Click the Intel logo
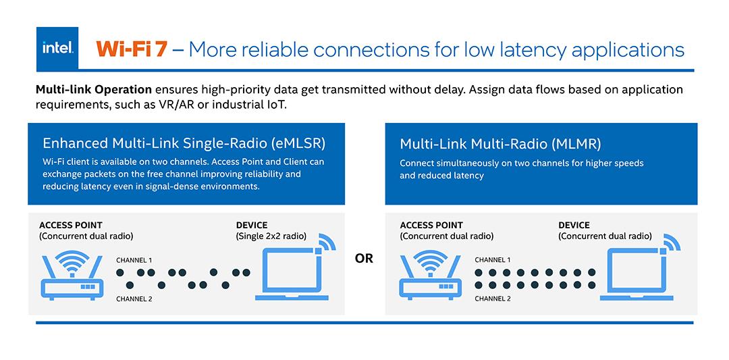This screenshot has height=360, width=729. coord(57,49)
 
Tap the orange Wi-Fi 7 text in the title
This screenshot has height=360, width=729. coord(131,49)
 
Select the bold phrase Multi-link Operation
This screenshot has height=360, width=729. coord(94,90)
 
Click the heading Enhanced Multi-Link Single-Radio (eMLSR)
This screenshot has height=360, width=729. coord(184,143)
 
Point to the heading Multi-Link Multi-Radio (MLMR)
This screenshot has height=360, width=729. coord(500,144)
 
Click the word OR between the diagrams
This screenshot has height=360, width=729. coord(364,259)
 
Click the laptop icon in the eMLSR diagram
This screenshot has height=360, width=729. coord(292,274)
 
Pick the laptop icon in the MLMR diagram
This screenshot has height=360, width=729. coord(637,274)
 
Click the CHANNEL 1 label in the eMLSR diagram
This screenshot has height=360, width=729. coord(134,260)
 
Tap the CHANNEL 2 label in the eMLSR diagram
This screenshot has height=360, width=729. coord(134,299)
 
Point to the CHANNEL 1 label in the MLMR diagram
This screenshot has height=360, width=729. coord(493,260)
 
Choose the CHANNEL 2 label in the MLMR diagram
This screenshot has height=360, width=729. coord(493,299)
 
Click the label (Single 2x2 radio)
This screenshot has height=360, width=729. coord(271,236)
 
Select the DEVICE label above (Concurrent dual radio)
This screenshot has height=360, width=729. coord(574,226)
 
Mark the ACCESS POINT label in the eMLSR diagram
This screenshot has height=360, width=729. coord(71,226)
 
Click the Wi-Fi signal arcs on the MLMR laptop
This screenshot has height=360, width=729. coord(672,242)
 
